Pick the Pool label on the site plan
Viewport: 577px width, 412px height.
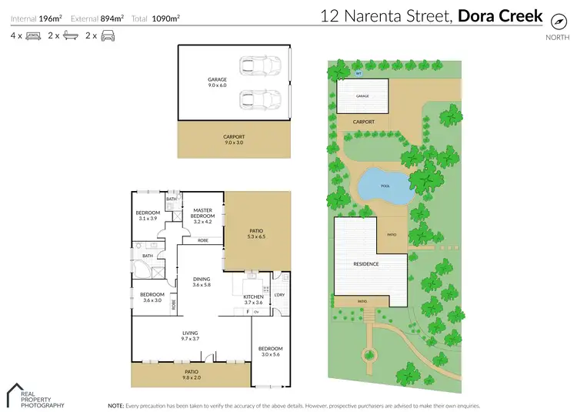click(385, 186)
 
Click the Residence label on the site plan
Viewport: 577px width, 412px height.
click(365, 264)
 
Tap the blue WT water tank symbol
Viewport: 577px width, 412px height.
click(359, 74)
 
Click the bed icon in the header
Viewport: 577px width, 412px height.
click(33, 35)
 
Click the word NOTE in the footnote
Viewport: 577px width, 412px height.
click(115, 405)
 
